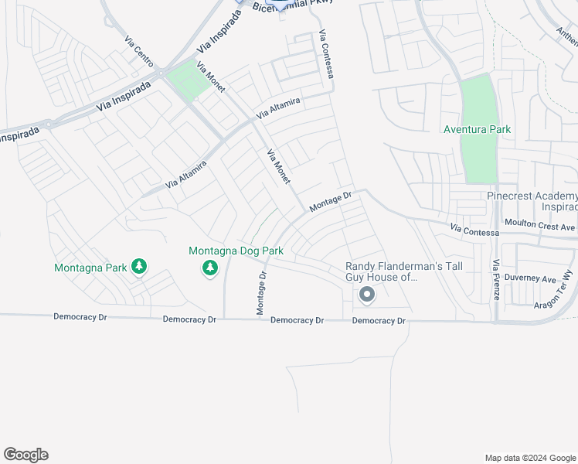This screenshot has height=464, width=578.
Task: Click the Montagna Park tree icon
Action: click(x=139, y=268)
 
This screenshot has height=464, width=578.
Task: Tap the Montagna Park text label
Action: click(x=90, y=268)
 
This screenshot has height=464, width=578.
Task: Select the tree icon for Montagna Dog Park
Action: click(x=209, y=268)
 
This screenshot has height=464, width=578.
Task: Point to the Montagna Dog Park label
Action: click(x=236, y=251)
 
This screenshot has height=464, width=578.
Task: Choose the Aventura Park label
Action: click(x=477, y=129)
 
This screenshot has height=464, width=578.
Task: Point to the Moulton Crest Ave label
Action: click(x=540, y=225)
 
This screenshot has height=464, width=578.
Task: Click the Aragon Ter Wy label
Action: click(x=554, y=296)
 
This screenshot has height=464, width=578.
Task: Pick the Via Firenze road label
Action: click(x=496, y=280)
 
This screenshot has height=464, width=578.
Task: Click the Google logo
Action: click(x=25, y=455)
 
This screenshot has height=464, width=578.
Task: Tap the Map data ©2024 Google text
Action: click(x=529, y=458)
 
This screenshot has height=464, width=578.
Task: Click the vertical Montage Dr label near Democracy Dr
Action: click(x=261, y=293)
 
